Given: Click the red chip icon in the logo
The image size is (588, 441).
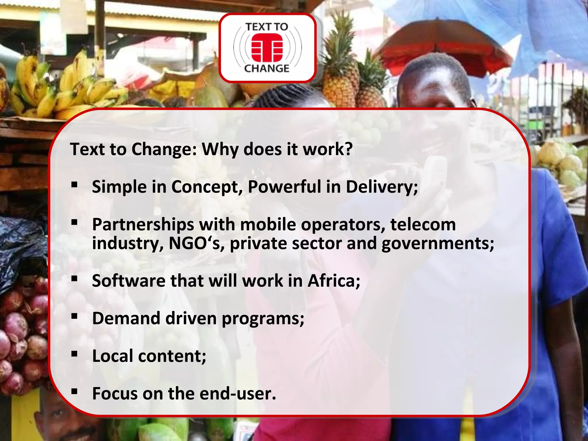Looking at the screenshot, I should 267,48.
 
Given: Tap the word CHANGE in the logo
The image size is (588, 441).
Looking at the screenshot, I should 267,69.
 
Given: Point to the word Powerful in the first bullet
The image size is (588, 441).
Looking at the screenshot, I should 284,187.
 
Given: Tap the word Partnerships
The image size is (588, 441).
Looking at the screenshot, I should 143,225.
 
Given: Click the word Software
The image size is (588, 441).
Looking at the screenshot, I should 128,281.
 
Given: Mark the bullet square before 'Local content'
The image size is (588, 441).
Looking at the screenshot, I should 75,354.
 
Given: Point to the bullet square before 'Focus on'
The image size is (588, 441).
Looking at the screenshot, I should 75,391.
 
